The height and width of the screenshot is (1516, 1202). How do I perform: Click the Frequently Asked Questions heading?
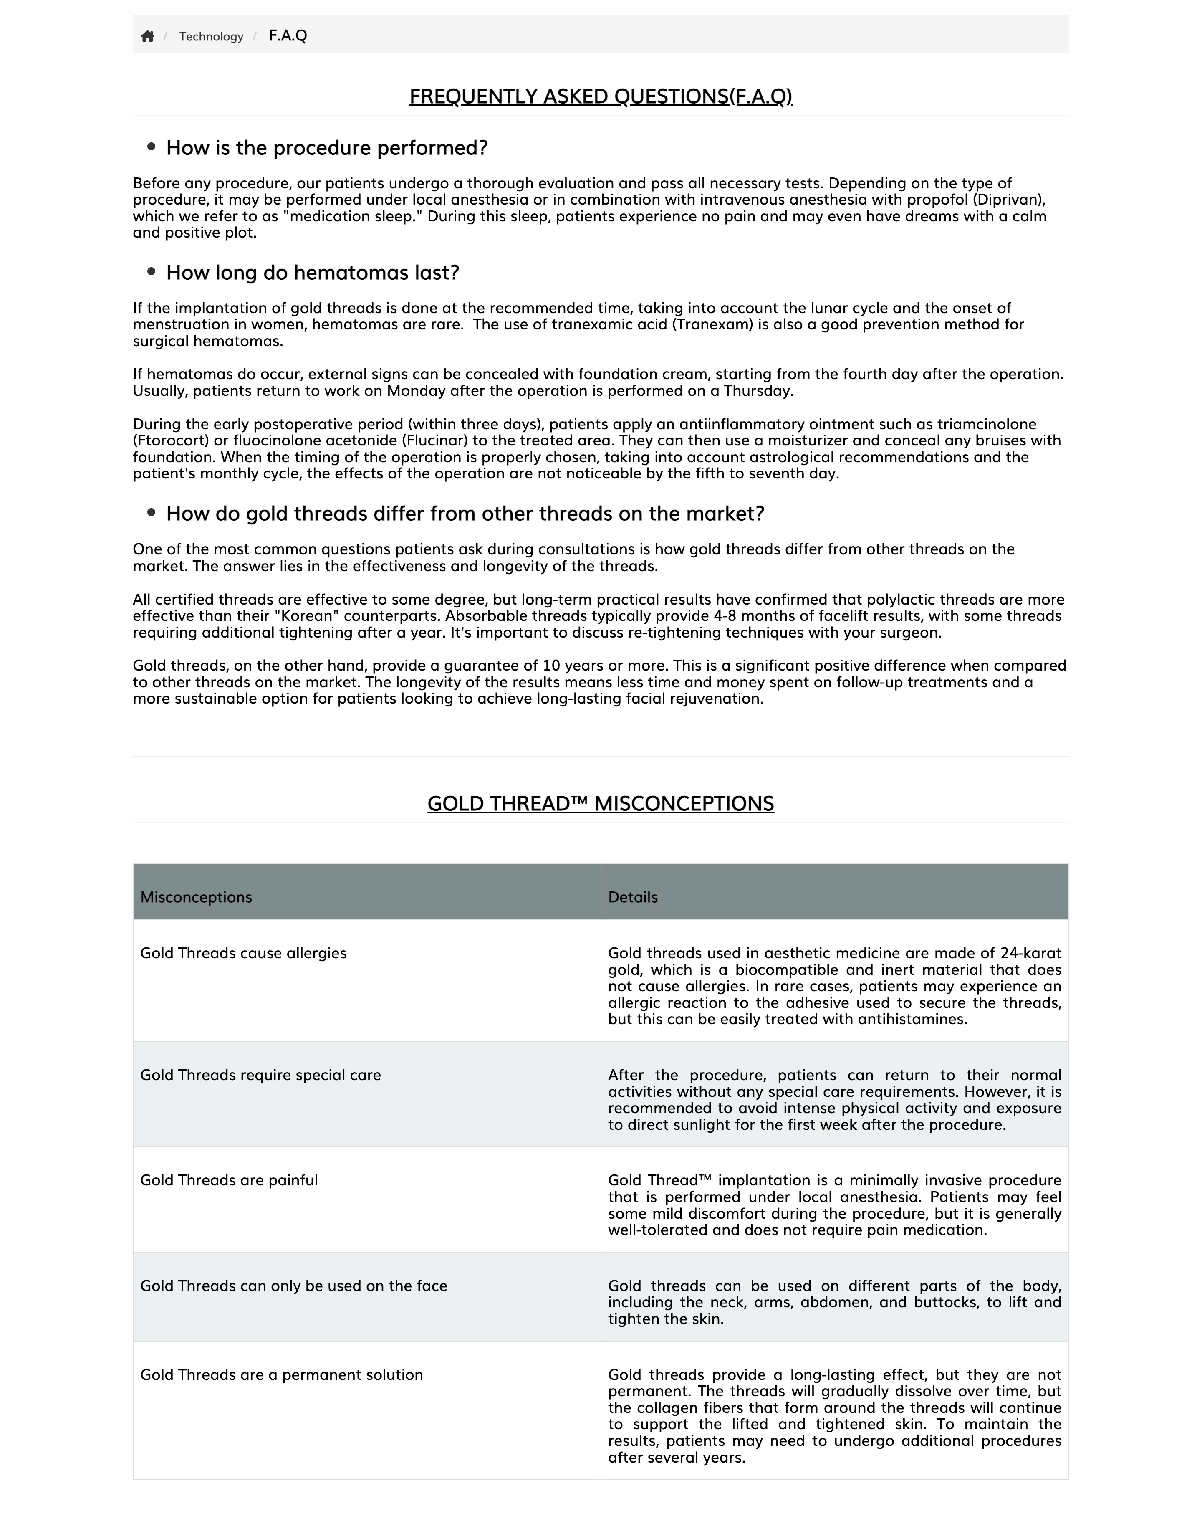pyautogui.click(x=600, y=96)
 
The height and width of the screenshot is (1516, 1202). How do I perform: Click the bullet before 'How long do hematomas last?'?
pyautogui.click(x=151, y=271)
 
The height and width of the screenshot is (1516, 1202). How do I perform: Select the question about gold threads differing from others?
pyautogui.click(x=465, y=514)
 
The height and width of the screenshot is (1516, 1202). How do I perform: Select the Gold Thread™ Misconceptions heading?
pyautogui.click(x=600, y=804)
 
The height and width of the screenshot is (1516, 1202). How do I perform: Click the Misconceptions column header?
pyautogui.click(x=196, y=897)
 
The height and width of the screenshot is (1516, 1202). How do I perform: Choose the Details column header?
pyautogui.click(x=633, y=897)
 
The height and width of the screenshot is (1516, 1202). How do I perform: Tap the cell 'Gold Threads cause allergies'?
pyautogui.click(x=243, y=954)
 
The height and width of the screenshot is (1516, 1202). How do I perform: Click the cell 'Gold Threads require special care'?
pyautogui.click(x=260, y=1075)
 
